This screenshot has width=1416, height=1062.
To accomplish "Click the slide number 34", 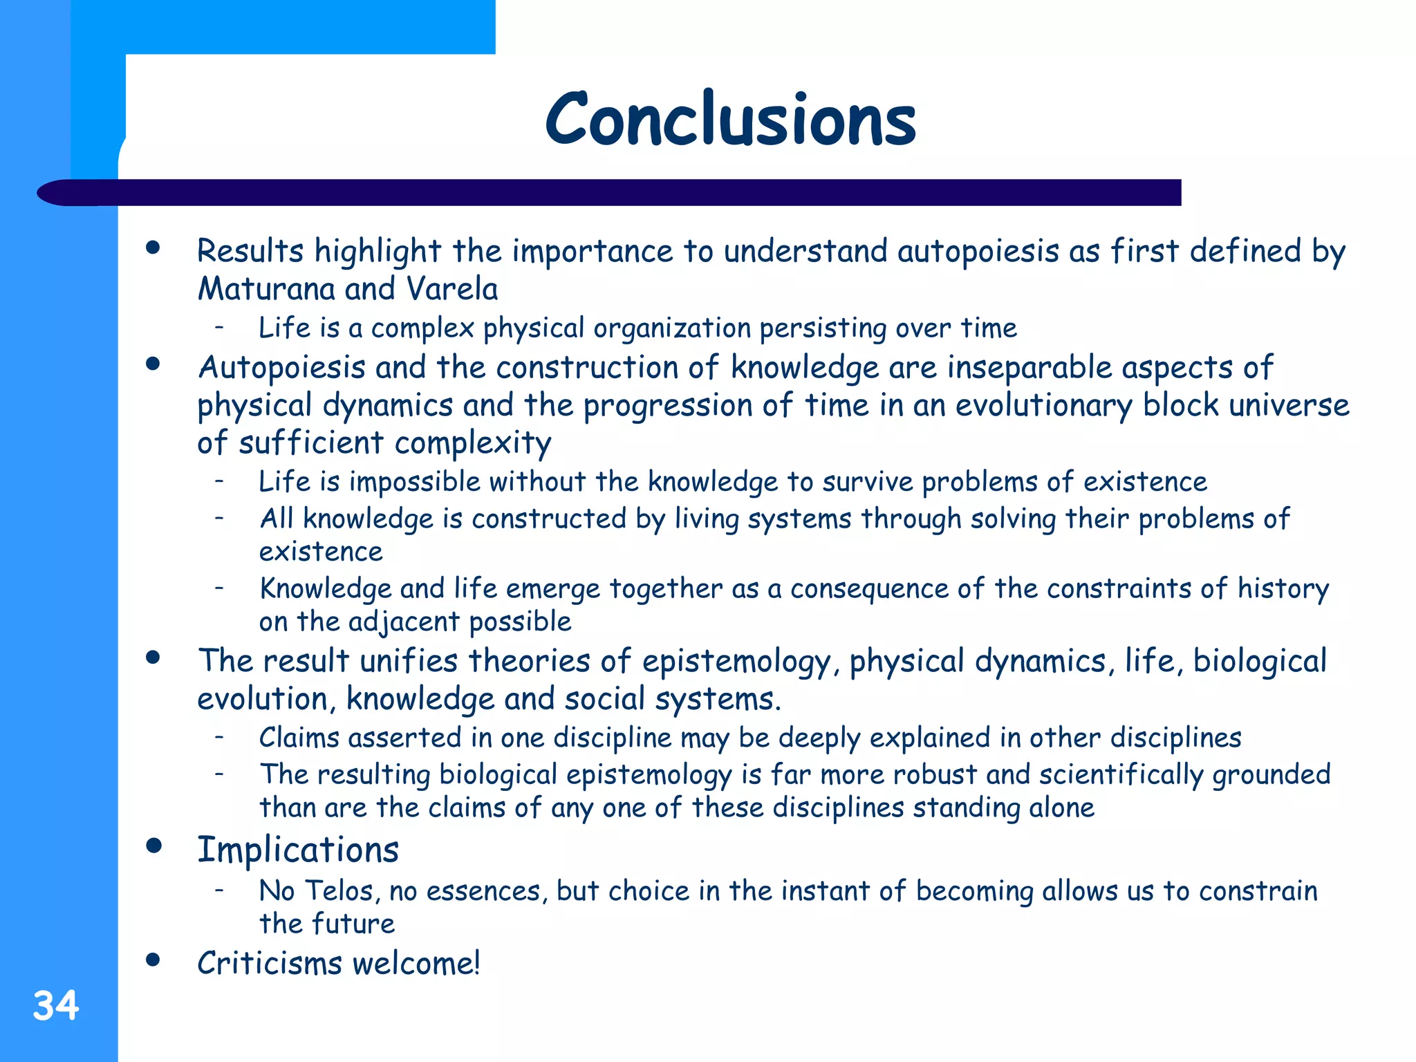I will point(55,1005).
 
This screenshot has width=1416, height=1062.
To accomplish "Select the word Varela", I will point(452,289).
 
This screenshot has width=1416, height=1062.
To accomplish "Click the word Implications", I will point(298,850).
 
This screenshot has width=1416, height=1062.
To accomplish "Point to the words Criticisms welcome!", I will point(338,963).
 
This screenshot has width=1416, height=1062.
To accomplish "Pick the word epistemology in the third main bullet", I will point(736,662).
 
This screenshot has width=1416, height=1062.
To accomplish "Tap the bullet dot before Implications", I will point(153,846).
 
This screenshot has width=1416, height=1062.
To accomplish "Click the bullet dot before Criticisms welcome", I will point(153,960).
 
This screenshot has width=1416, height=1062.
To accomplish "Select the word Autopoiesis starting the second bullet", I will point(281,368).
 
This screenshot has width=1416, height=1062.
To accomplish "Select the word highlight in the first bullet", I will point(378,252).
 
